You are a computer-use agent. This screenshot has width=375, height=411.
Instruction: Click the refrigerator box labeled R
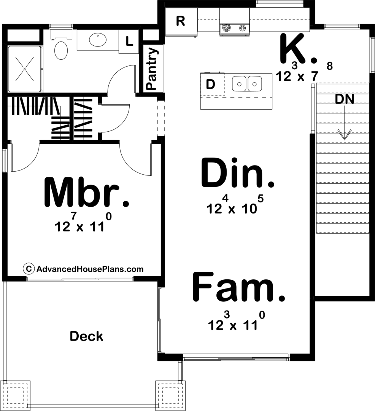181,22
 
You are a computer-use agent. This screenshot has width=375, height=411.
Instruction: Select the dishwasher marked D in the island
210,84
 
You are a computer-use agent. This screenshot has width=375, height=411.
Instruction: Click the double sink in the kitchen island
247,83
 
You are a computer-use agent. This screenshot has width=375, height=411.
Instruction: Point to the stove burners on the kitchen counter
234,27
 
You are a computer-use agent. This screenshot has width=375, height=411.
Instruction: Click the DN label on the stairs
345,99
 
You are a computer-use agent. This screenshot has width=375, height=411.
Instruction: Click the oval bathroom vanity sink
98,39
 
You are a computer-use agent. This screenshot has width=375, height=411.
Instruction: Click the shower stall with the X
24,69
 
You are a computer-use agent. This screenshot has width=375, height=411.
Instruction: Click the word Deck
86,336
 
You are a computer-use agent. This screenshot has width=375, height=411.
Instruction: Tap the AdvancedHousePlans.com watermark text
90,269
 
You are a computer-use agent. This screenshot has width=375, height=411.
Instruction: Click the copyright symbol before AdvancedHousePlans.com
28,269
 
